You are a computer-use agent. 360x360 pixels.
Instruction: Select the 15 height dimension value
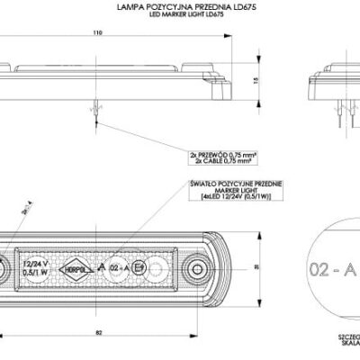click(255, 79)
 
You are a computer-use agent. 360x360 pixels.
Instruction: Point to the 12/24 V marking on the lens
click(37, 261)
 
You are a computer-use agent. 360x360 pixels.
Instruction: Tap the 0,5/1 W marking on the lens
click(37, 273)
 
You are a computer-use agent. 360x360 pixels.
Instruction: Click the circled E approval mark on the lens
click(138, 268)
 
